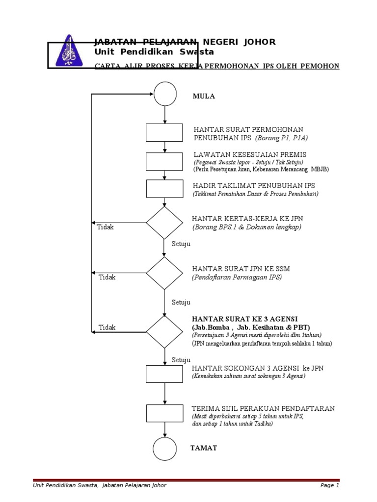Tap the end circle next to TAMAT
[165, 448]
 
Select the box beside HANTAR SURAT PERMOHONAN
[164, 132]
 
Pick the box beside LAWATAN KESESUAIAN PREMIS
[164, 160]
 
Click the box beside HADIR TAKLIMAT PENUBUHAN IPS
[164, 189]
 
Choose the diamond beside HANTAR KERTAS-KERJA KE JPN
[164, 223]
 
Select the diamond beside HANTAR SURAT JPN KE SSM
[164, 273]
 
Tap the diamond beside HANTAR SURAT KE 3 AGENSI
[164, 332]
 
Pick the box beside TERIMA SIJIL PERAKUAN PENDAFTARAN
[164, 413]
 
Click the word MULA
[204, 96]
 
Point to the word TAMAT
[203, 448]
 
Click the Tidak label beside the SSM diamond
[107, 277]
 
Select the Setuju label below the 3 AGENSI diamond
[181, 360]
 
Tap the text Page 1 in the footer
[329, 485]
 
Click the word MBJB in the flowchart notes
[320, 169]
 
